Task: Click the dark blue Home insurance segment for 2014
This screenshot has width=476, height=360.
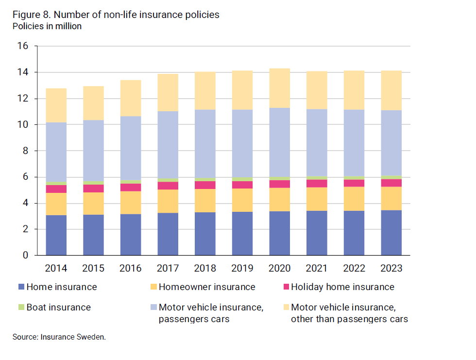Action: click(x=56, y=235)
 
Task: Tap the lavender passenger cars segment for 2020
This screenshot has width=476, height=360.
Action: click(x=279, y=142)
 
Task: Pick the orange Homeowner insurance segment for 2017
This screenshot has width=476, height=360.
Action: click(x=168, y=201)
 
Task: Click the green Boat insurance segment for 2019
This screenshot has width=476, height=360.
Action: click(x=242, y=179)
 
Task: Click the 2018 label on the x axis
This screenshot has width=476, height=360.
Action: click(x=205, y=268)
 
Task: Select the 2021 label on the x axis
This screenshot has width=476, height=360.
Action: click(x=317, y=268)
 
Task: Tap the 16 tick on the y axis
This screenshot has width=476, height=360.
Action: click(x=23, y=47)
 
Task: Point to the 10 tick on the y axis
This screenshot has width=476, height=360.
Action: click(x=23, y=125)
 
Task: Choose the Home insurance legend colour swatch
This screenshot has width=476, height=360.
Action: click(x=20, y=287)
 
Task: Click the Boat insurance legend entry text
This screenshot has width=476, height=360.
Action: click(x=58, y=308)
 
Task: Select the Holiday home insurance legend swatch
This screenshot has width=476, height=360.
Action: click(x=285, y=287)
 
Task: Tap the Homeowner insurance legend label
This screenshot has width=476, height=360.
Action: click(x=207, y=287)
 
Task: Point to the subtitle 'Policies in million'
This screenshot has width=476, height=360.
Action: click(x=47, y=27)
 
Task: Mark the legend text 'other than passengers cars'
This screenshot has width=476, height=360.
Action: click(x=349, y=319)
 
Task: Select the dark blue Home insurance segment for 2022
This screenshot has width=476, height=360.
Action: click(x=354, y=233)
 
